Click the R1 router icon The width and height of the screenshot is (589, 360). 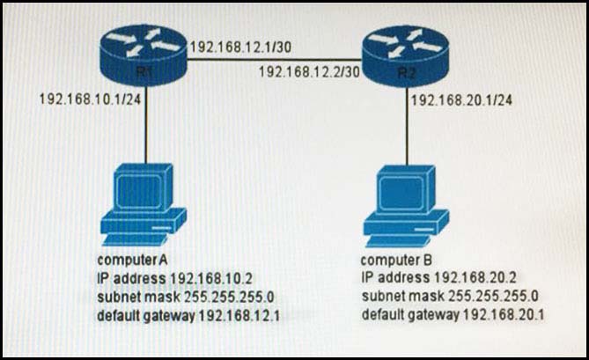[144, 56]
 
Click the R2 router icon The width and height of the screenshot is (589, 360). [406, 57]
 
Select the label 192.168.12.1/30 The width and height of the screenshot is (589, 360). [240, 48]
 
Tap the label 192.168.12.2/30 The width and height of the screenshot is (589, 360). [309, 71]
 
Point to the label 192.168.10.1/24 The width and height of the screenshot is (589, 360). [90, 99]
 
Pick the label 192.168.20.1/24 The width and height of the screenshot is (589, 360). [461, 100]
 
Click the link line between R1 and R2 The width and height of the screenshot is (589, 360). [274, 59]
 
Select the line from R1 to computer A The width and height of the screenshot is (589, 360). [146, 125]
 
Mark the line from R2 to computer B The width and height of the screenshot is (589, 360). [407, 127]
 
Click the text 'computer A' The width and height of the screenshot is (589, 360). [132, 260]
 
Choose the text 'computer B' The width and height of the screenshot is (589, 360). [396, 260]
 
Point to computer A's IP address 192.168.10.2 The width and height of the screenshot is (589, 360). [211, 278]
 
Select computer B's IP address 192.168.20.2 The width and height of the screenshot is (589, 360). [475, 278]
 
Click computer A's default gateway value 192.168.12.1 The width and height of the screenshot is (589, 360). [239, 316]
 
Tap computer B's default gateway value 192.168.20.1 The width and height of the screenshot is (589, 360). [504, 314]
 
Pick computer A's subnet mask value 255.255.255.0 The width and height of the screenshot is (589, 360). [229, 297]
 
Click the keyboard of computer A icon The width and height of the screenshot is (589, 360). [135, 239]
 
